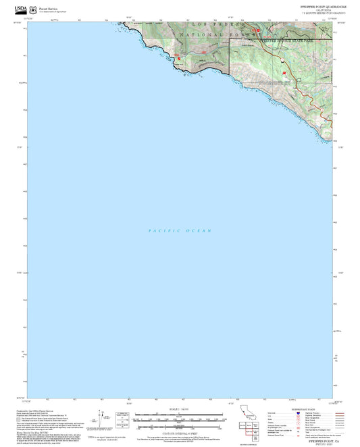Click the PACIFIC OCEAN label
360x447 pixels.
(180, 231)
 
